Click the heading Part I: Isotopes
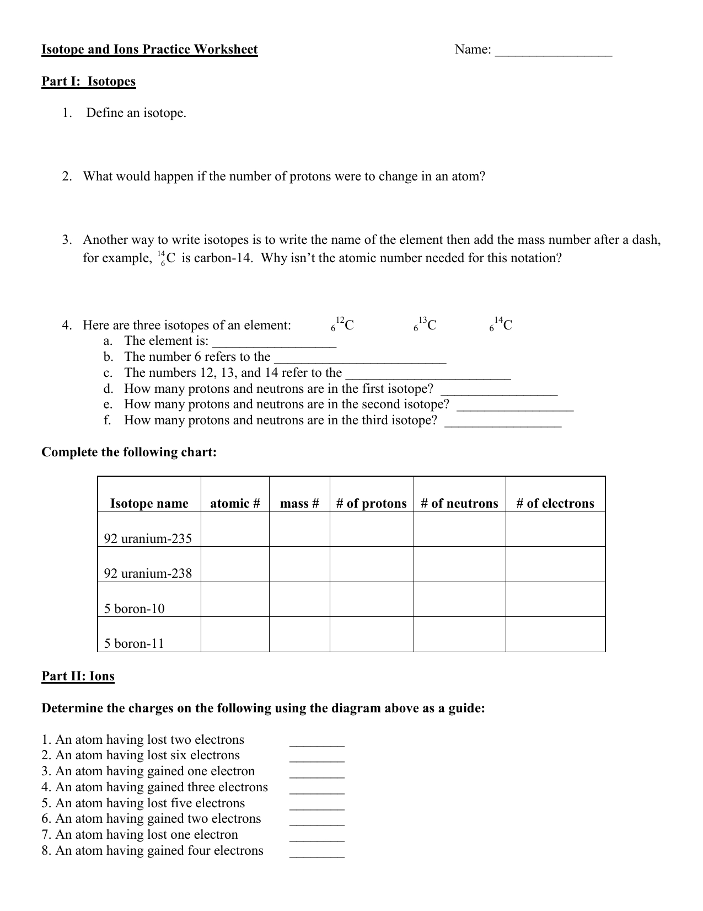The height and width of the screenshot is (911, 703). (88, 82)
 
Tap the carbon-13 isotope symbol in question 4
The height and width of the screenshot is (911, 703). (425, 324)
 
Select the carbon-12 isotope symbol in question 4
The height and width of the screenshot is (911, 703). (342, 324)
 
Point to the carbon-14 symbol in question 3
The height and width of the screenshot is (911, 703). (166, 258)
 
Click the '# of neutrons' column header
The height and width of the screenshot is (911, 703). (459, 503)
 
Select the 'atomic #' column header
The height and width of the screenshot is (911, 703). (235, 503)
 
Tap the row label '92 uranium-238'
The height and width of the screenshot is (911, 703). (148, 573)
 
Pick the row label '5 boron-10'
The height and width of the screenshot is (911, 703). (134, 609)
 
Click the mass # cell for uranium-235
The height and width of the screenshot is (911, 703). (299, 530)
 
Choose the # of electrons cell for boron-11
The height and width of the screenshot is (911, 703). (555, 635)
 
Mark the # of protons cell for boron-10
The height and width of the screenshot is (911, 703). (371, 600)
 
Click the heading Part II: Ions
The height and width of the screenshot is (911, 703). (78, 676)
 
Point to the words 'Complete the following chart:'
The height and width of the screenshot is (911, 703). (129, 452)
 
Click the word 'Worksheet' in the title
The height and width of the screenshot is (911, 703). (226, 50)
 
